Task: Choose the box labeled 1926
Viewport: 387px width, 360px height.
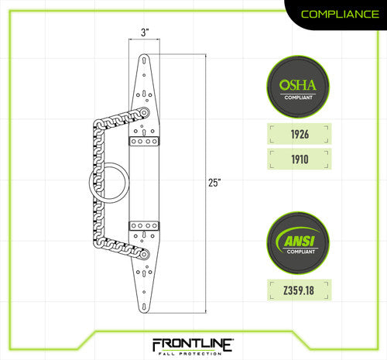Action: tap(299, 134)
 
